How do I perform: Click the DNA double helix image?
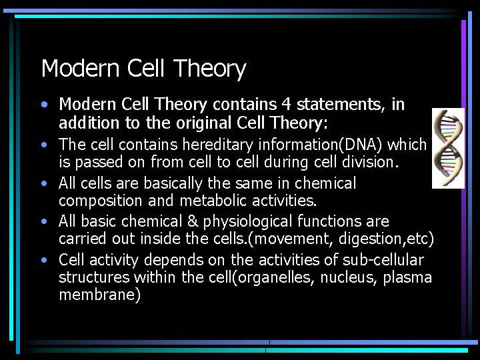point(448,148)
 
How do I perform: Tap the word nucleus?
point(347,277)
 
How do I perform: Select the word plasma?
point(407,277)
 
